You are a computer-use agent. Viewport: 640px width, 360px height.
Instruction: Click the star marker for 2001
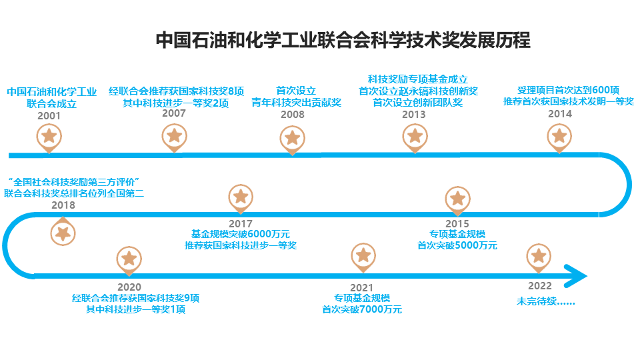pyautogui.click(x=49, y=137)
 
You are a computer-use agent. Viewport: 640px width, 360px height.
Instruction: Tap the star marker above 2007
pyautogui.click(x=174, y=136)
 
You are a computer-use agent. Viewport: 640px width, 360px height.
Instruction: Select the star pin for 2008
pyautogui.click(x=291, y=139)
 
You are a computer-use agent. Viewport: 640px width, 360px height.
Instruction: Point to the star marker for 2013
pyautogui.click(x=415, y=137)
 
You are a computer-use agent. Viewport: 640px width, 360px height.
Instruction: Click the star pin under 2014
pyautogui.click(x=559, y=137)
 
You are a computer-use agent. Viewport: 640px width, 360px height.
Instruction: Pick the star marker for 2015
pyautogui.click(x=457, y=198)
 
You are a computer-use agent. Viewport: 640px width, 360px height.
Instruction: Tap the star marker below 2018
pyautogui.click(x=63, y=233)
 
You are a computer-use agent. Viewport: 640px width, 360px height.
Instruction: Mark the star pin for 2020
pyautogui.click(x=129, y=259)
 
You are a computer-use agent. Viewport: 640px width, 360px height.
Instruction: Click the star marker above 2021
pyautogui.click(x=363, y=256)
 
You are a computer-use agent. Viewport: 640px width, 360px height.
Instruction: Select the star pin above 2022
pyautogui.click(x=539, y=257)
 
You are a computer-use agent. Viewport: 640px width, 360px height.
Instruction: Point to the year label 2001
pyautogui.click(x=49, y=115)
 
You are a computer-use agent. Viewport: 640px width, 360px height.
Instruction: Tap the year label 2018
pyautogui.click(x=63, y=205)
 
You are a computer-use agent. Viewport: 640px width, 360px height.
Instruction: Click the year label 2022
pyautogui.click(x=539, y=287)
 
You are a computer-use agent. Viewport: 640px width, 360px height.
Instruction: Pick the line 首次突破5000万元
pyautogui.click(x=457, y=245)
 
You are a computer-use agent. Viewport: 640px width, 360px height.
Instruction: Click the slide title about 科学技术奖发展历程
pyautogui.click(x=343, y=40)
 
